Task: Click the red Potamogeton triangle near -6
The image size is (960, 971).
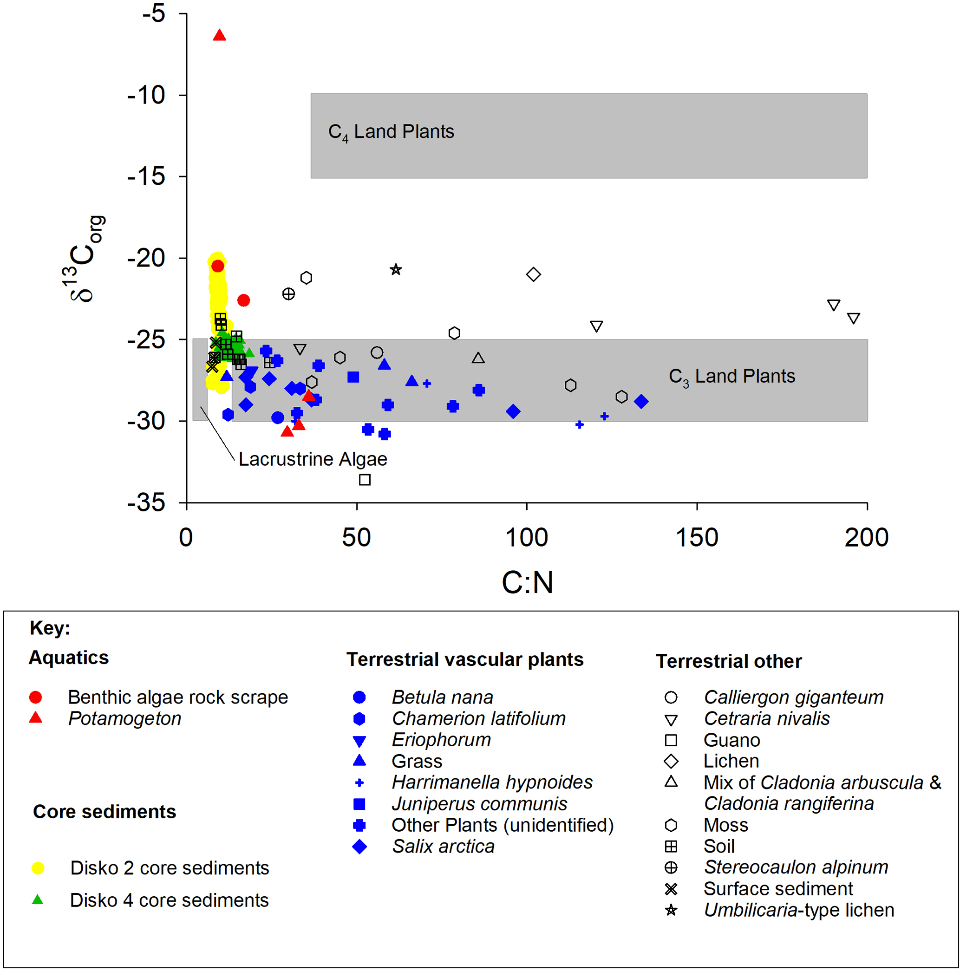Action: click(219, 35)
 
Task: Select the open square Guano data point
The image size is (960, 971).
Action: click(365, 480)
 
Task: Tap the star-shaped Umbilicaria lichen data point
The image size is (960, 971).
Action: click(396, 270)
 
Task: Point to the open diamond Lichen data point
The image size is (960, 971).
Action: click(533, 274)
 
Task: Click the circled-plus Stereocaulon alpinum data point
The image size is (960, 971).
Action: click(288, 294)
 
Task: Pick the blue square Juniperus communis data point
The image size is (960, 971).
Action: click(353, 377)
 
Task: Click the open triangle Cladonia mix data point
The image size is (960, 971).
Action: click(478, 358)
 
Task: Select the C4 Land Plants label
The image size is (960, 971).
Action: click(391, 132)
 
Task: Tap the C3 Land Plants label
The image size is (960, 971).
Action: click(732, 377)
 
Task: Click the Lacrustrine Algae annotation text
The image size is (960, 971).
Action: click(313, 459)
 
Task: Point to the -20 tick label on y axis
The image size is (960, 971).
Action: click(146, 258)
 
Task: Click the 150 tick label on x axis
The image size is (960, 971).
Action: click(697, 538)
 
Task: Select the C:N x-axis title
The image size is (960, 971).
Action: click(527, 582)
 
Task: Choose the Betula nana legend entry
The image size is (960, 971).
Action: click(442, 697)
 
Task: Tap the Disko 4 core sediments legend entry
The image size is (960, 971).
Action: click(169, 900)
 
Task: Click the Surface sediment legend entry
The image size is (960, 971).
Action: click(777, 889)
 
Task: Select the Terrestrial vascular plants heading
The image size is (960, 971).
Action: click(465, 659)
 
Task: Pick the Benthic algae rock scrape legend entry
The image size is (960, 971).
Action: click(178, 697)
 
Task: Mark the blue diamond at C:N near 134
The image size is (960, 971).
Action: click(641, 402)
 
